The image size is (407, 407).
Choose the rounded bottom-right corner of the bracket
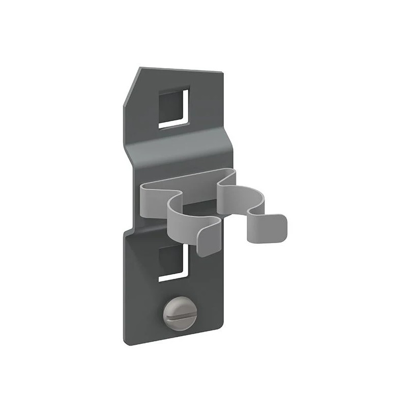point(219,338)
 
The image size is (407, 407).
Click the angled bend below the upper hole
point(178,148)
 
